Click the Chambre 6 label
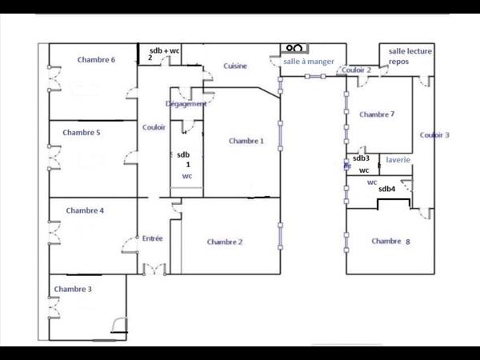[x=97, y=60]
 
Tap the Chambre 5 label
[x=82, y=133]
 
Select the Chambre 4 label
[x=85, y=211]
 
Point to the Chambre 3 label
[x=73, y=289]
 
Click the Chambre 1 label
[x=246, y=142]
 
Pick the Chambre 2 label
[x=225, y=242]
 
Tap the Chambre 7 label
[x=377, y=114]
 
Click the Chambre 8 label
[x=390, y=241]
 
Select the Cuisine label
[x=235, y=66]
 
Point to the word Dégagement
[x=186, y=104]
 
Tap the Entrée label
[x=153, y=238]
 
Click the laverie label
[x=398, y=160]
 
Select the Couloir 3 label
[x=434, y=135]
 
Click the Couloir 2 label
[x=357, y=70]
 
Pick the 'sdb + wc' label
[x=165, y=50]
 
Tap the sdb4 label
[x=387, y=189]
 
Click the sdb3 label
[x=361, y=158]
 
